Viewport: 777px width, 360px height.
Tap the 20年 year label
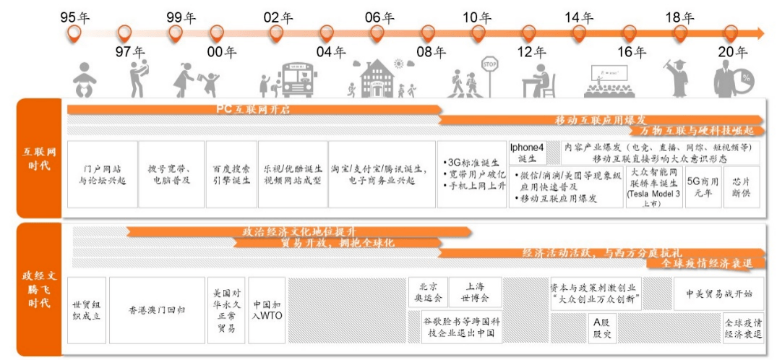[x=732, y=52]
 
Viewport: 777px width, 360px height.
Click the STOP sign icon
[x=490, y=64]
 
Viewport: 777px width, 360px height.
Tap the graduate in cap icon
[x=680, y=78]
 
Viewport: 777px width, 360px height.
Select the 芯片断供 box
[x=741, y=188]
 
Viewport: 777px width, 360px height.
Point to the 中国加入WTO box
[x=267, y=309]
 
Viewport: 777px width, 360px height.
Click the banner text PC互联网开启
[x=252, y=109]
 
